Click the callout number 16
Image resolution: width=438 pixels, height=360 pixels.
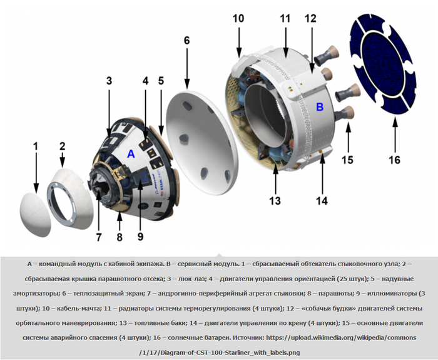coord(394,160)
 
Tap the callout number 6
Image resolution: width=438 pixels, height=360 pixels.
coord(186,41)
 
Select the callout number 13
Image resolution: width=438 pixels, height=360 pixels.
coord(275,201)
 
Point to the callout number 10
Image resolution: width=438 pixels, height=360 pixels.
coord(238,18)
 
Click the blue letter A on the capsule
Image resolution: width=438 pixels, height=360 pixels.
coord(131,154)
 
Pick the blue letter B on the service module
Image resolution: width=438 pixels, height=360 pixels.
coord(320,107)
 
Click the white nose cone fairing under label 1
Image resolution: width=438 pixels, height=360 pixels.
coord(36,214)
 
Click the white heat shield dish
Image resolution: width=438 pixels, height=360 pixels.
coord(202,143)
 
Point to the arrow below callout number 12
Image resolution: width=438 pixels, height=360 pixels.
coord(312,50)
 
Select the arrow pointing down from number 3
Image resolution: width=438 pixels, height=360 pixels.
coord(109,112)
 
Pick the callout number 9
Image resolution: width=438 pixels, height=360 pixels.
coord(140,237)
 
